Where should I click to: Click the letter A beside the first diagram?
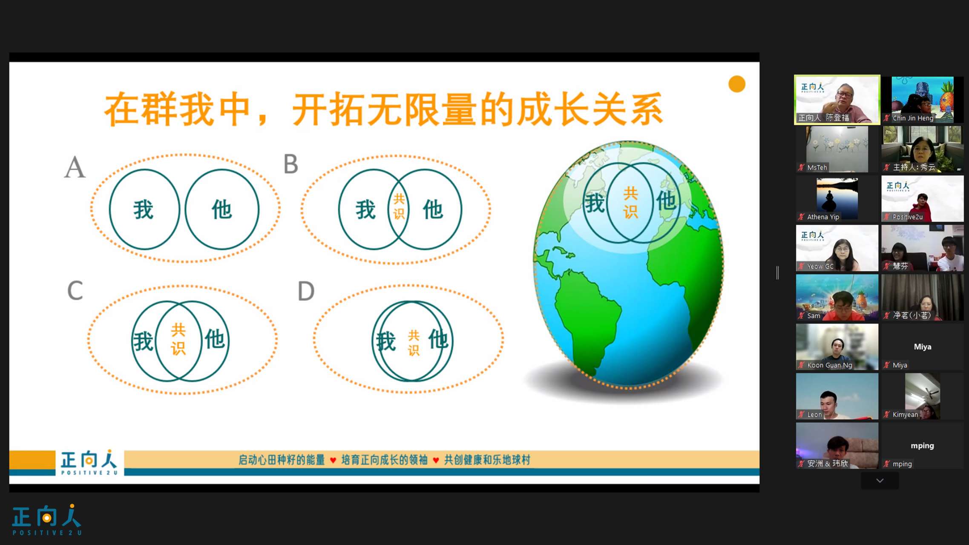click(75, 167)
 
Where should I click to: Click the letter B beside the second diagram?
click(291, 164)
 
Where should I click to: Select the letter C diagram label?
click(75, 290)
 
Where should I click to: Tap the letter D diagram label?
click(306, 291)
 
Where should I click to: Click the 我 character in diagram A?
click(144, 209)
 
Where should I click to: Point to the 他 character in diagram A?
click(221, 209)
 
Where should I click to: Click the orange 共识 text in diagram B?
click(399, 206)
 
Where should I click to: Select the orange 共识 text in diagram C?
click(178, 339)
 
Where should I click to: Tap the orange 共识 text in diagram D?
click(414, 342)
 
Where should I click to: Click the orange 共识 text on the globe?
click(630, 202)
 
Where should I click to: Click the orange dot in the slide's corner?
click(737, 84)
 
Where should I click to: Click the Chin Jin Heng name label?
click(913, 118)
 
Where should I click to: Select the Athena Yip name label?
click(823, 217)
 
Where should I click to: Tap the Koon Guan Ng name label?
click(829, 365)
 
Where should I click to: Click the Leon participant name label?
click(814, 414)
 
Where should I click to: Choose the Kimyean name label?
click(905, 414)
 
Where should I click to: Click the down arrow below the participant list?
click(880, 480)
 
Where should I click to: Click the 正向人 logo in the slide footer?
click(89, 462)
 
